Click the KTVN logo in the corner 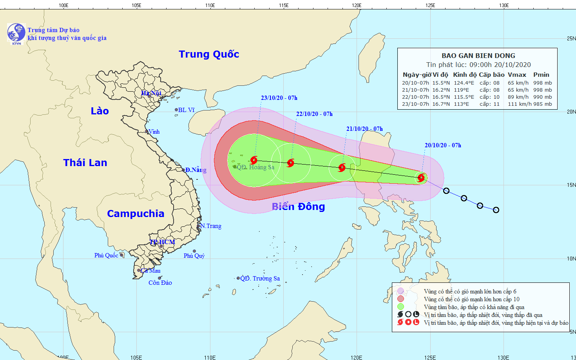coord(16,33)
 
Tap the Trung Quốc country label coord(209,54)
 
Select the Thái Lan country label coord(85,163)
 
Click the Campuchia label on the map coord(136,213)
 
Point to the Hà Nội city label coord(151,93)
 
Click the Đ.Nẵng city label coord(196,170)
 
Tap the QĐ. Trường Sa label coord(260,279)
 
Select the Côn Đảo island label coord(160,283)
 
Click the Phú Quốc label coord(106,255)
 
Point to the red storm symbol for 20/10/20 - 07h coord(421,178)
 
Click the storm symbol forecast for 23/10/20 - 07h coord(254,160)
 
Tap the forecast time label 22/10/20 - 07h coord(314,114)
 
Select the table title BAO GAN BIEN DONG coord(478,56)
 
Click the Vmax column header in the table coord(517,74)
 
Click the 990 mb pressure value coord(542,97)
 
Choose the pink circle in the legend coord(400,291)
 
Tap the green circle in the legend coord(400,307)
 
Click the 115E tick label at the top coord(284,5)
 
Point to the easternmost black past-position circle coord(496,210)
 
